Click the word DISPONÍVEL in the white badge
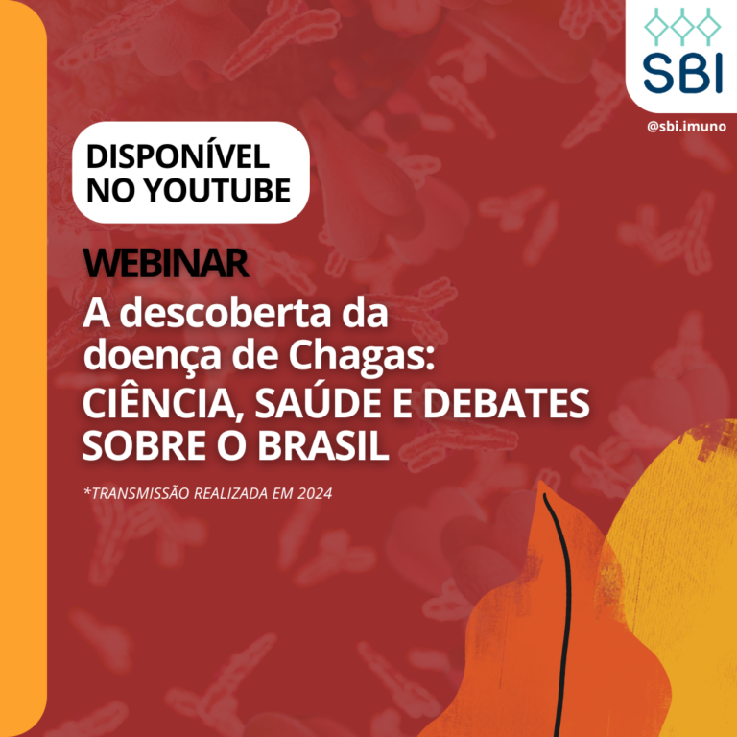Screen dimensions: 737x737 pyautogui.click(x=178, y=155)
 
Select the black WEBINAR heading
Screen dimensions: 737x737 pyautogui.click(x=166, y=263)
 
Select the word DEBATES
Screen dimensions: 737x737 pyautogui.click(x=507, y=404)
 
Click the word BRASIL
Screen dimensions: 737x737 pyautogui.click(x=322, y=445)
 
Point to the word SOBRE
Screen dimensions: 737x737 pyautogui.click(x=145, y=445)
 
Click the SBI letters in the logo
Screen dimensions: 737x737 pyautogui.click(x=682, y=73)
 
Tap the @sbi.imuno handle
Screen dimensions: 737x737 pyautogui.click(x=686, y=127)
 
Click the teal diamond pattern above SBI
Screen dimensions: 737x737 pyautogui.click(x=682, y=26)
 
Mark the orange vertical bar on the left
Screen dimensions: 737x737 pyautogui.click(x=23, y=368)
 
